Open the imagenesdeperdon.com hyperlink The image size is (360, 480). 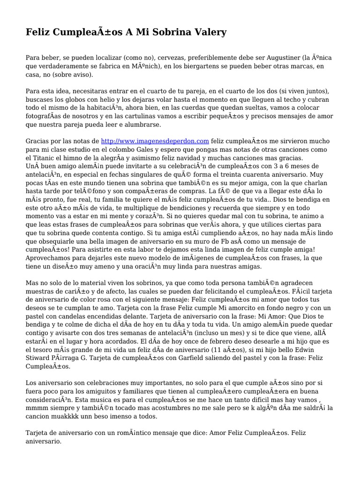[155, 141]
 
